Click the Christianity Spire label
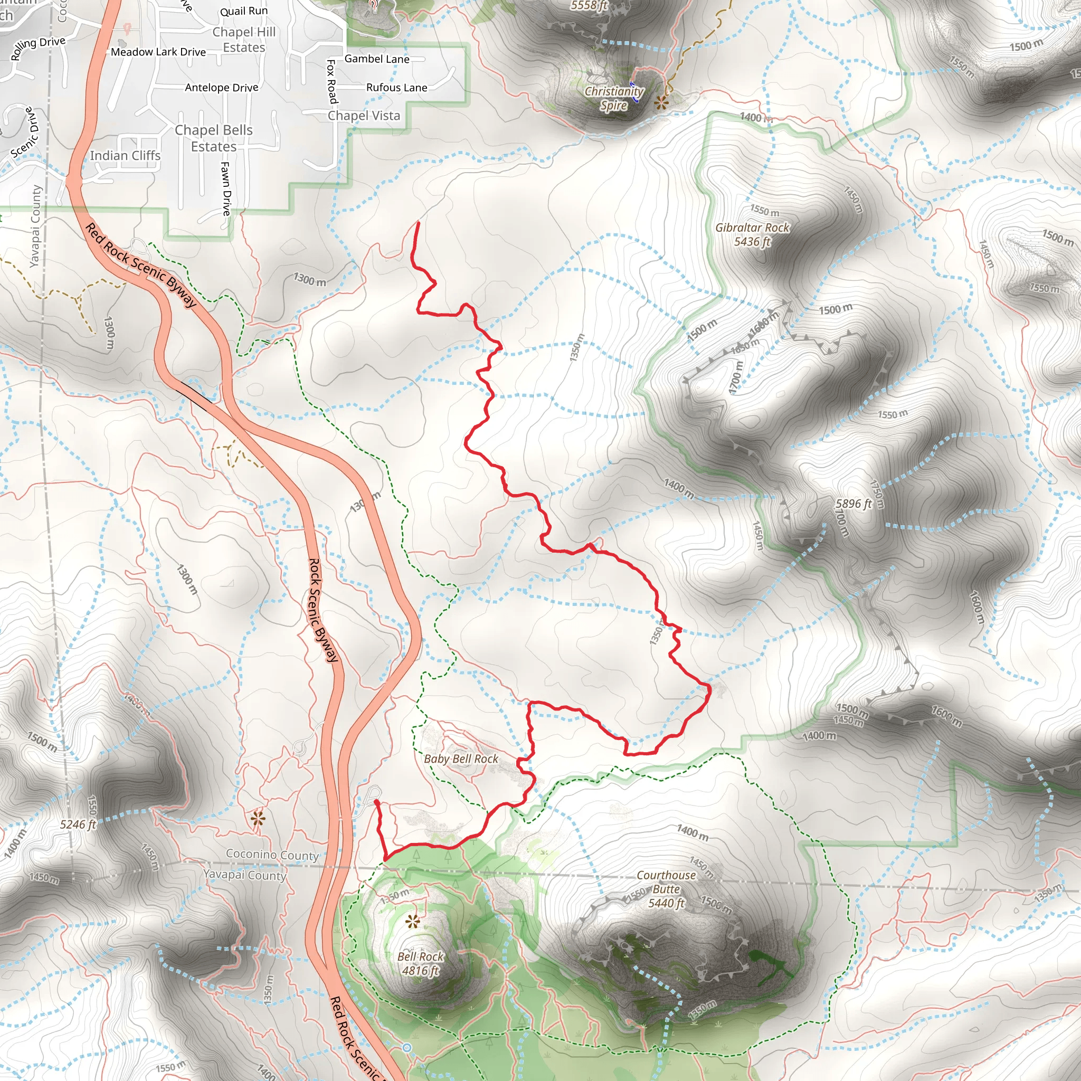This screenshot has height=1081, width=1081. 614,98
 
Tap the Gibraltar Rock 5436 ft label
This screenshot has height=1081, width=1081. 752,234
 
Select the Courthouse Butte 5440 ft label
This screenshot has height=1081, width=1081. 666,889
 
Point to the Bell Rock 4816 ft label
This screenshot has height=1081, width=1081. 420,963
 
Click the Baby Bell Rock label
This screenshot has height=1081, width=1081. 460,758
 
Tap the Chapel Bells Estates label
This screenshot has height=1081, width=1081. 214,138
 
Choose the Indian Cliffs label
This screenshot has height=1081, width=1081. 125,156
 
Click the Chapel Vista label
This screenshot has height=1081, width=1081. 364,116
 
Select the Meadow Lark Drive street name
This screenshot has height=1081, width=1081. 158,52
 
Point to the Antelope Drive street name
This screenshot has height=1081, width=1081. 222,88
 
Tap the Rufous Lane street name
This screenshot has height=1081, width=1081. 397,88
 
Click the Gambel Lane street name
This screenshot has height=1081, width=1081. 376,59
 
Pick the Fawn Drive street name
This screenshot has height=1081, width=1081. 226,188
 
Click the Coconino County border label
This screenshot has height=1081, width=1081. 272,855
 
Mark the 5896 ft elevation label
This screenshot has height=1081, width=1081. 854,504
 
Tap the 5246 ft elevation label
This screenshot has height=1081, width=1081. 78,824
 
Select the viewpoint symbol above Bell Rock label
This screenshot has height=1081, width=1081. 412,921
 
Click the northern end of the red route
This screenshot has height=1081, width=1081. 419,223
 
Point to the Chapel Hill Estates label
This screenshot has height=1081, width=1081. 244,40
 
